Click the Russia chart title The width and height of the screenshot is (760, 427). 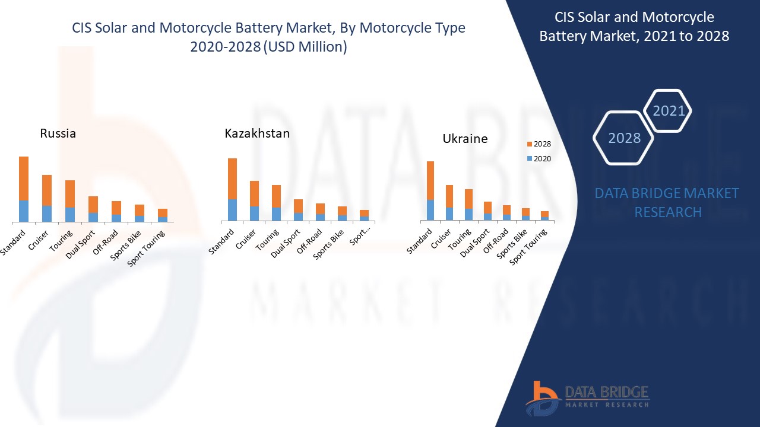(58, 133)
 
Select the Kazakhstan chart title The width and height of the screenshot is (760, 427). (257, 133)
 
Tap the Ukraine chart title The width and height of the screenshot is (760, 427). (465, 139)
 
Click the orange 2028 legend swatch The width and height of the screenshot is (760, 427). (529, 144)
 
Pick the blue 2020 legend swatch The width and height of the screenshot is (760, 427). (529, 159)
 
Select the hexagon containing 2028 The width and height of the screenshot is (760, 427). (624, 138)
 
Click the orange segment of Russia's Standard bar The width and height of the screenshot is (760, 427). (24, 178)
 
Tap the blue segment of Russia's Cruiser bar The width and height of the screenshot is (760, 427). (47, 213)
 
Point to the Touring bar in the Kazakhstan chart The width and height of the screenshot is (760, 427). (276, 203)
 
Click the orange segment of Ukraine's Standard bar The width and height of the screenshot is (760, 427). (430, 180)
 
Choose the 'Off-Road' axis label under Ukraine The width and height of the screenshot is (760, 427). (496, 241)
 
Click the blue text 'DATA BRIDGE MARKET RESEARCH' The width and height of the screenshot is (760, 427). (667, 202)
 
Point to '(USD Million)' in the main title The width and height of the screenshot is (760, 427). (304, 47)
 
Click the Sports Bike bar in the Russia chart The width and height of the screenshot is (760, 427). (140, 213)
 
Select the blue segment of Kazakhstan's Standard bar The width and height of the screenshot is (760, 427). (233, 210)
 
